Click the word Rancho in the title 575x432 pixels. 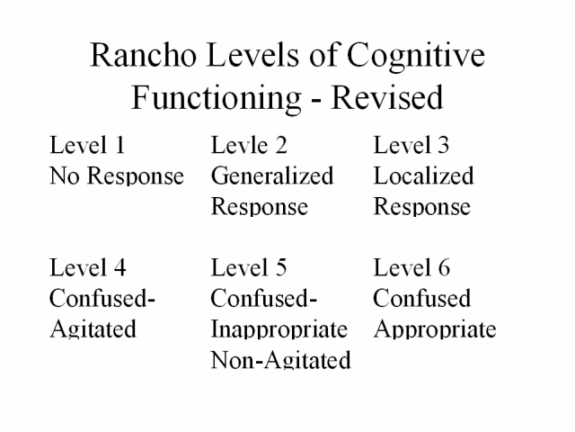point(143,54)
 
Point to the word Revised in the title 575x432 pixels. point(387,97)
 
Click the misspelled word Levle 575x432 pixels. point(240,145)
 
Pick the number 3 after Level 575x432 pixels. point(443,145)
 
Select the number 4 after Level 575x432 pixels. point(120,267)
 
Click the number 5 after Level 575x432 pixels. point(281,267)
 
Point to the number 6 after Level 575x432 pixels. point(444,267)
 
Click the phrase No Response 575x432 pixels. point(117,176)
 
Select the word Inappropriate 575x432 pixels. point(279,329)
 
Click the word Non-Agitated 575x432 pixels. point(281,360)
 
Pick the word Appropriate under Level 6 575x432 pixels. point(435,329)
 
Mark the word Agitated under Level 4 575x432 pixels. point(93,329)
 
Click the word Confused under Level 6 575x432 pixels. point(421,298)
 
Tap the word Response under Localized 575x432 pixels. point(421,207)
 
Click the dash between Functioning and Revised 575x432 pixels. point(316,100)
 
